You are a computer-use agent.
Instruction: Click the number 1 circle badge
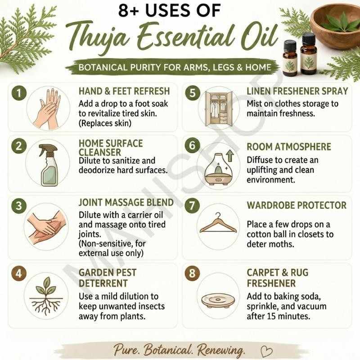[x=19, y=93]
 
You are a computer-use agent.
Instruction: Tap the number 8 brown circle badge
[x=192, y=273]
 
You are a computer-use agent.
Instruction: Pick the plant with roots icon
[x=46, y=295]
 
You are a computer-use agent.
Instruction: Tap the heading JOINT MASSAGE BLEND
[x=126, y=202]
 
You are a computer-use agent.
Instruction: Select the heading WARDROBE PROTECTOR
[x=297, y=205]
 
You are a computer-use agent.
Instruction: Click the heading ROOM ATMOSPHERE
[x=289, y=147]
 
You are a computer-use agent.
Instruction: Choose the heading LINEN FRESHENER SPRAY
[x=297, y=91]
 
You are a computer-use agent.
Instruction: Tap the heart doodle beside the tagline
[x=266, y=351]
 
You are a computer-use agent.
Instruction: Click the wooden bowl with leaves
[x=336, y=26]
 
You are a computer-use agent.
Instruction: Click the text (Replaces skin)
[x=105, y=123]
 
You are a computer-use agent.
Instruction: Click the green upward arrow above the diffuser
[x=230, y=156]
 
